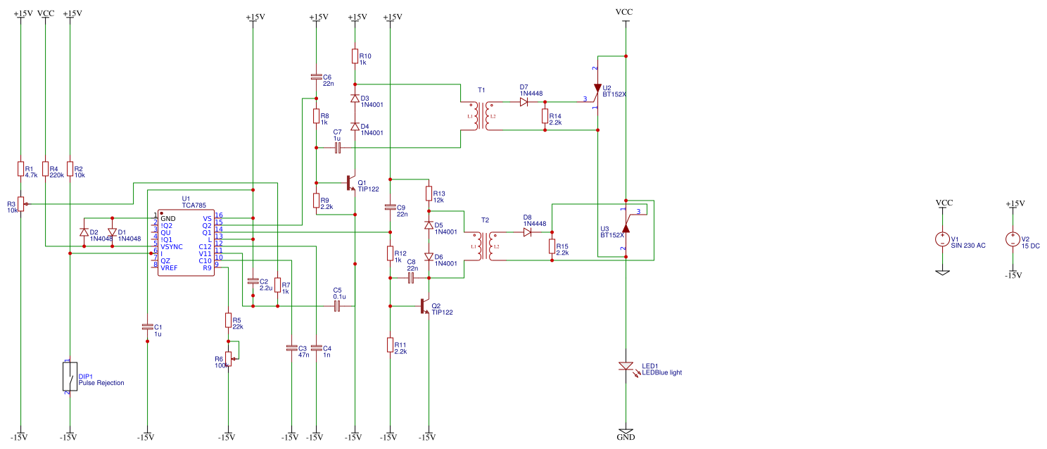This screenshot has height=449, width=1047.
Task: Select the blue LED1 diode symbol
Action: (626, 367)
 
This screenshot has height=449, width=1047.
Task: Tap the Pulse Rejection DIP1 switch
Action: (70, 377)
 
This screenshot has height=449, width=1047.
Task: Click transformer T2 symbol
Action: (485, 246)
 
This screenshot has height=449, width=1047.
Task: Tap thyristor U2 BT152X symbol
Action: (597, 89)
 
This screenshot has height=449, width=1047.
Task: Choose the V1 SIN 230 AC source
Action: (942, 239)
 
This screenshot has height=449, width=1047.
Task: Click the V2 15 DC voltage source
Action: (1013, 239)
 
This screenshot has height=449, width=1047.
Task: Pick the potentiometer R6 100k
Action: (228, 358)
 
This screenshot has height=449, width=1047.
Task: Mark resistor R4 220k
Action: (45, 169)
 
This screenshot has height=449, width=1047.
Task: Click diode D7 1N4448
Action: (524, 102)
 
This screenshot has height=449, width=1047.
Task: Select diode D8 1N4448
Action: (528, 232)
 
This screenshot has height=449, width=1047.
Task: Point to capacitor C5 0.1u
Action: (337, 306)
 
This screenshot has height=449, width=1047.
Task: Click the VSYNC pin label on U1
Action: (171, 246)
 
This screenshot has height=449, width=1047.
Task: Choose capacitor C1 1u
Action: (147, 327)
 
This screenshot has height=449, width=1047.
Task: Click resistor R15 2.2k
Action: (551, 246)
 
